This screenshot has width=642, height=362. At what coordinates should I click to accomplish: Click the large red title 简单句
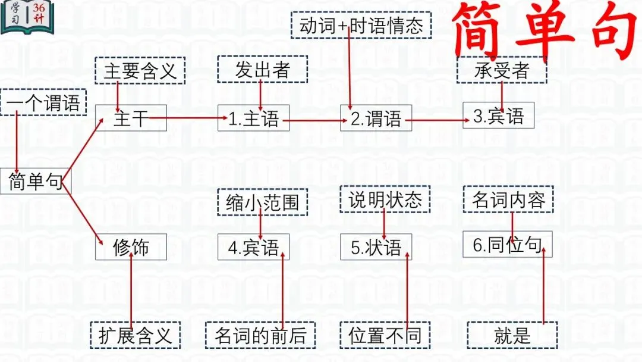point(544,30)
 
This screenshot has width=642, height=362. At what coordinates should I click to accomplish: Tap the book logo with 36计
point(27,17)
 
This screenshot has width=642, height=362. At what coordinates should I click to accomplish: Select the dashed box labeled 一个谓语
point(43,102)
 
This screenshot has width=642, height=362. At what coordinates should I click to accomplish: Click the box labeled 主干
point(131,118)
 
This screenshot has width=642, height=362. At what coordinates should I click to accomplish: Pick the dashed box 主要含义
point(140,71)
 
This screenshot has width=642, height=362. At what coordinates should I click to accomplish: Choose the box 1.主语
point(254,118)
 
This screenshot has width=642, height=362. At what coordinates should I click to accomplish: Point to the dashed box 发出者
point(262,70)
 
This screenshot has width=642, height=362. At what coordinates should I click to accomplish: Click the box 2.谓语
point(376,118)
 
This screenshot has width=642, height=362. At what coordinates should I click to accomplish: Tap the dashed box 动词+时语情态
point(361,26)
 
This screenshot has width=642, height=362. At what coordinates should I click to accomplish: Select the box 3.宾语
point(499,116)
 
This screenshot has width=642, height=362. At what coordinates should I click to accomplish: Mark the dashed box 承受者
point(502,70)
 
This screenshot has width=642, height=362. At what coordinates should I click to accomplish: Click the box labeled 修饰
point(131,247)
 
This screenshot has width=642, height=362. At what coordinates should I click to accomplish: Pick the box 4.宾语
point(254,247)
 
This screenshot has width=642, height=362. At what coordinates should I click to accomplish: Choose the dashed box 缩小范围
point(262,202)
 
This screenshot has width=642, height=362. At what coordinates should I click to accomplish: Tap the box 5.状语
point(376,247)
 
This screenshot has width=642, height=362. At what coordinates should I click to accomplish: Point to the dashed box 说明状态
point(385,199)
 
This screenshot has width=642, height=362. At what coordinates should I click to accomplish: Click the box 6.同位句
point(507,245)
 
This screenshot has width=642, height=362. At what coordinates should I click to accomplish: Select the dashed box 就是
point(512,335)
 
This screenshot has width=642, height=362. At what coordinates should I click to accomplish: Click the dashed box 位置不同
point(385,335)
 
